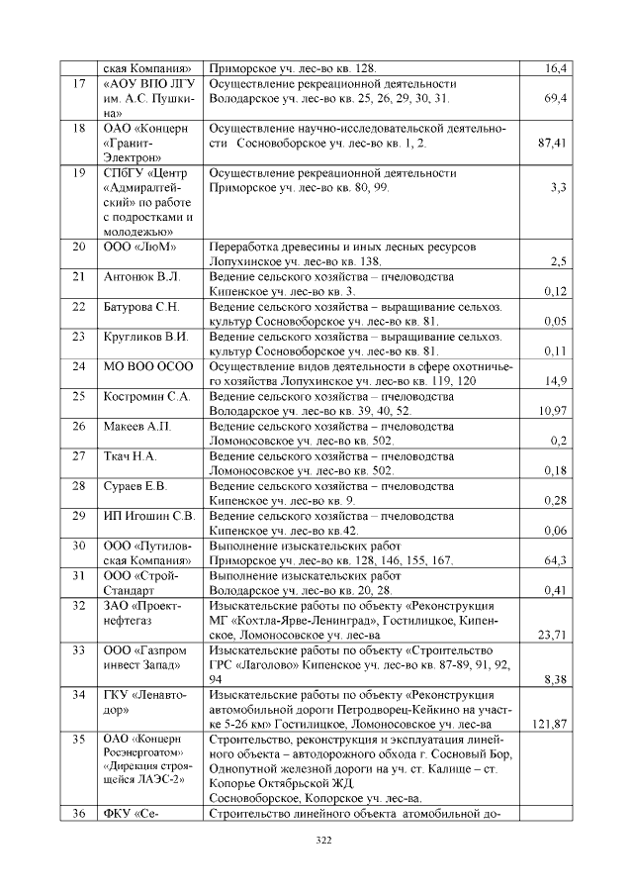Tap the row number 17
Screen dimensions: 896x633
pos(79,84)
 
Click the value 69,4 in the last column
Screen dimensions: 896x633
pos(555,100)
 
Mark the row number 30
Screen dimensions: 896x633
pos(79,546)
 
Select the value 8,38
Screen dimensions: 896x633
pos(555,680)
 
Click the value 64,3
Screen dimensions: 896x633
pos(555,560)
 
